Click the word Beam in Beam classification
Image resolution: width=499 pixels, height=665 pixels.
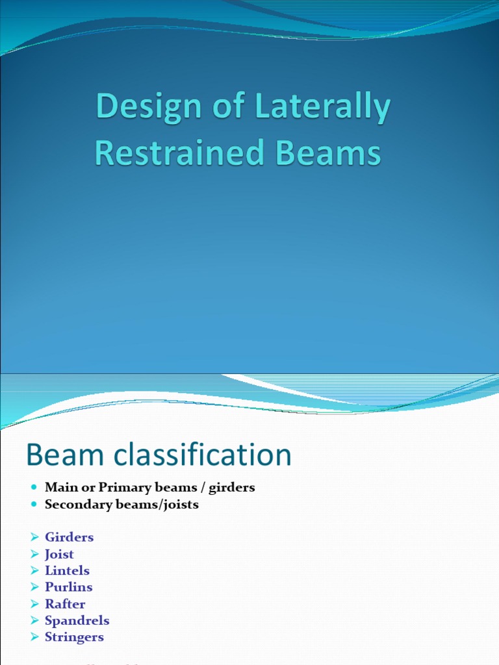coord(55,455)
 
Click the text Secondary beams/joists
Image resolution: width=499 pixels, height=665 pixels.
coord(122,504)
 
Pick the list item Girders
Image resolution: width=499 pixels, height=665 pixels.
coord(69,537)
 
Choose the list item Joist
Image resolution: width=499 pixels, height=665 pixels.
coord(59,554)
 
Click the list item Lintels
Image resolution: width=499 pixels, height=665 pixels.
coord(67,571)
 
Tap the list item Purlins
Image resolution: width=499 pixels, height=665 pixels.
coord(68,587)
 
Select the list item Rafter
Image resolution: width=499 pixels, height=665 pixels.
coord(65,604)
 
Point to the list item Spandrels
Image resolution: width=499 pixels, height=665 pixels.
coord(77,620)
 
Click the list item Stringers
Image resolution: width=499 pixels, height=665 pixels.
coord(74,637)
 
